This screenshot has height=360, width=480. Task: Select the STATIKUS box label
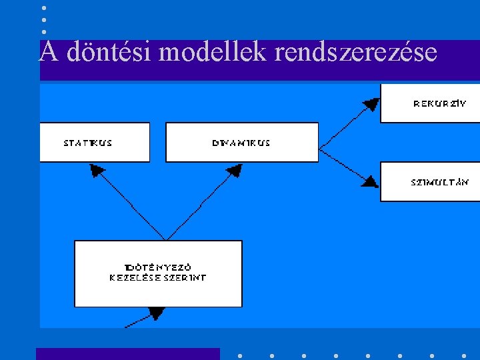(x=88, y=143)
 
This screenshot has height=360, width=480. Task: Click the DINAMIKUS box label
(x=241, y=143)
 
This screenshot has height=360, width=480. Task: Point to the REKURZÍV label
(x=440, y=103)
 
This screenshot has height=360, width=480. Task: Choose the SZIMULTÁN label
(x=439, y=181)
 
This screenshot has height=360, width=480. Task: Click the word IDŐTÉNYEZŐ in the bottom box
(x=158, y=267)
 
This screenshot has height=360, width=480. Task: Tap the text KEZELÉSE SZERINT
(x=158, y=277)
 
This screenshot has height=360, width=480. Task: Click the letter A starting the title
(x=47, y=52)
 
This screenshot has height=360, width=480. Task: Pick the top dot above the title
(x=44, y=8)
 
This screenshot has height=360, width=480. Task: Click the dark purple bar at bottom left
(x=127, y=354)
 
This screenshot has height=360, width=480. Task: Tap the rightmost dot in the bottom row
(x=464, y=355)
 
